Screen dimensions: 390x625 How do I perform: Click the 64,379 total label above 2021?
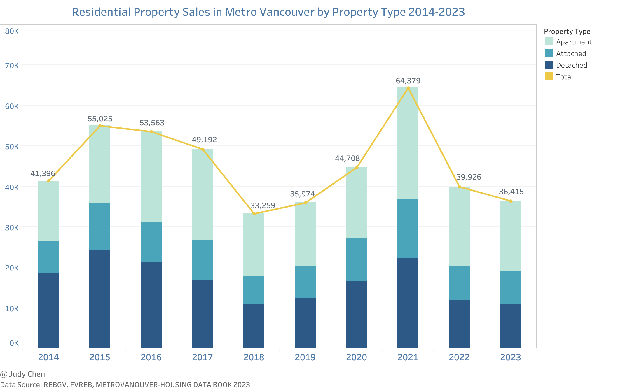(x=408, y=81)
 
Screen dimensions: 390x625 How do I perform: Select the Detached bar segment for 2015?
(x=100, y=299)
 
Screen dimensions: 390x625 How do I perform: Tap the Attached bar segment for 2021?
(x=408, y=229)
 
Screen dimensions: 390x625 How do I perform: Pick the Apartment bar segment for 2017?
(x=202, y=195)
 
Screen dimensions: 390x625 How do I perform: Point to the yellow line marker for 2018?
(x=254, y=214)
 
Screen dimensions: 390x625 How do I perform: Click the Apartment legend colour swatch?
(x=549, y=42)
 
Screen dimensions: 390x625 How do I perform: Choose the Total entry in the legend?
(x=564, y=77)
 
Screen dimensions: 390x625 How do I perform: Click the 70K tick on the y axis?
(x=12, y=66)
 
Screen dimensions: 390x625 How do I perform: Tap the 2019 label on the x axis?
(x=305, y=357)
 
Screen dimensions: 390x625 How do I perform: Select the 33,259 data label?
(x=263, y=205)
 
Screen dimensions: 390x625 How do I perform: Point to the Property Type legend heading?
(x=567, y=31)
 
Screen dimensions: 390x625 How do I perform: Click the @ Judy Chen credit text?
(x=23, y=374)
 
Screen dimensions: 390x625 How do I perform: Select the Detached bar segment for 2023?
(x=511, y=326)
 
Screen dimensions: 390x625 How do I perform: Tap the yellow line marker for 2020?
(x=357, y=168)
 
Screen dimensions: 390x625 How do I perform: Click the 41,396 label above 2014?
(x=43, y=173)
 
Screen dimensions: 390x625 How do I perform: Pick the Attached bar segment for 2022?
(x=459, y=283)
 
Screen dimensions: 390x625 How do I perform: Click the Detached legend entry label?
(x=571, y=65)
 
